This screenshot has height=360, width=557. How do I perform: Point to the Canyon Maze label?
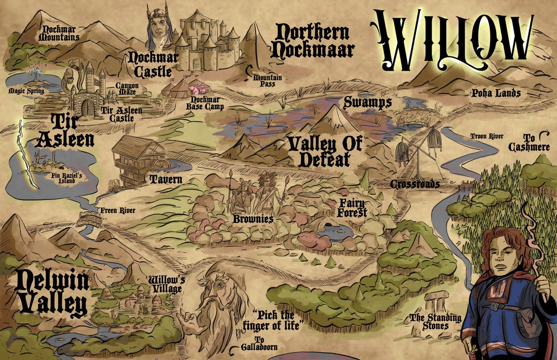click(126, 89)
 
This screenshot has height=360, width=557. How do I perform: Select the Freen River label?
click(117, 210)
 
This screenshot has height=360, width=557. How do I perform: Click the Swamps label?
click(367, 103)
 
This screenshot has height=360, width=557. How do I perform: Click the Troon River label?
click(486, 136)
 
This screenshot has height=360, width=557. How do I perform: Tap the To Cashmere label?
click(529, 142)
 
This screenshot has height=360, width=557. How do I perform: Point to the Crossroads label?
click(415, 184)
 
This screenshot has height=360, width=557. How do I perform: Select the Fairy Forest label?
click(352, 207)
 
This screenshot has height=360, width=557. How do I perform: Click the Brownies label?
click(253, 219)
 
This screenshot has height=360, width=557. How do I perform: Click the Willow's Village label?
click(166, 284)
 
